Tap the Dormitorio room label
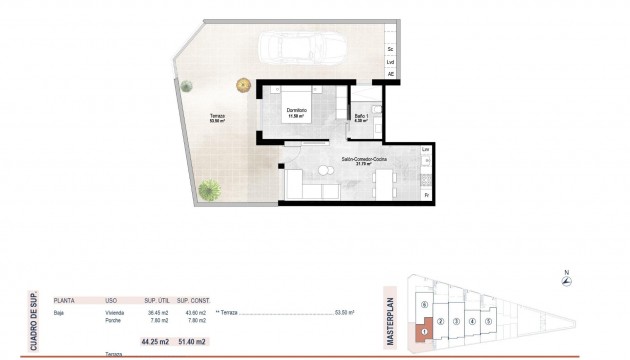pyautogui.click(x=296, y=111)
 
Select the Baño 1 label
pyautogui.click(x=362, y=117)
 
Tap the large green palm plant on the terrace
pyautogui.click(x=210, y=188)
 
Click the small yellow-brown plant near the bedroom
pyautogui.click(x=242, y=85)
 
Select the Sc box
pyautogui.click(x=391, y=48)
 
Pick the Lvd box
pyautogui.click(x=391, y=62)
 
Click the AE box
pyautogui.click(x=391, y=74)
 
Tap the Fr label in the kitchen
pyautogui.click(x=426, y=194)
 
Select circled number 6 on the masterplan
pyautogui.click(x=424, y=304)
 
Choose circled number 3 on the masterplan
pyautogui.click(x=456, y=321)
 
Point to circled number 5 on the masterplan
pyautogui.click(x=488, y=320)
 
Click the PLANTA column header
pyautogui.click(x=64, y=299)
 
